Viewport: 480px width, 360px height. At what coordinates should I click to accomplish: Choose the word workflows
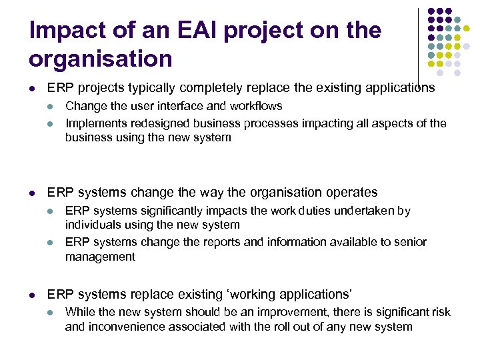[256, 106]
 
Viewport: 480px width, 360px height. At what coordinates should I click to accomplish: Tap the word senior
[409, 242]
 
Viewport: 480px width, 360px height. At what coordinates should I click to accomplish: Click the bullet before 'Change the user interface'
[50, 107]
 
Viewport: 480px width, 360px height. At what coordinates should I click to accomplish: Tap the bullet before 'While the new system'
[50, 313]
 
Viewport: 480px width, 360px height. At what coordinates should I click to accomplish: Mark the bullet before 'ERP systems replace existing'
[32, 295]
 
